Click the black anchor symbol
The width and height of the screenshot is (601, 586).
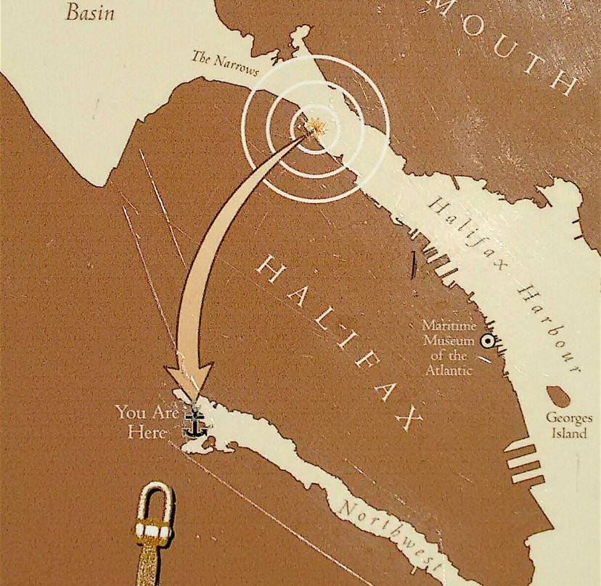point(193,423)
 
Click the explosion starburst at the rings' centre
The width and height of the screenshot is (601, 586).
point(315,128)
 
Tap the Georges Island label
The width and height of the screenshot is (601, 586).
point(568,426)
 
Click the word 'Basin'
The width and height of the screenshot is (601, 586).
point(90,12)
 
